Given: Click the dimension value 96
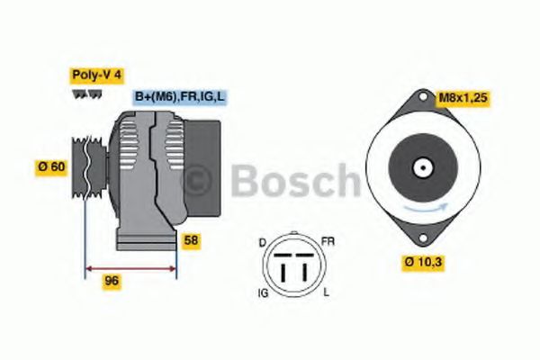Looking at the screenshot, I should [x=112, y=281].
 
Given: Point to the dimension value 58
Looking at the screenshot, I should [x=191, y=240].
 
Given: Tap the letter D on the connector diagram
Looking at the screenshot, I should [x=262, y=242].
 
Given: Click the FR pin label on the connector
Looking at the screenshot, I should [x=328, y=242].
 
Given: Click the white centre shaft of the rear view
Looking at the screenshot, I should [x=421, y=167].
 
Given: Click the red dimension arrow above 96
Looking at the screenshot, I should [x=130, y=266].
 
